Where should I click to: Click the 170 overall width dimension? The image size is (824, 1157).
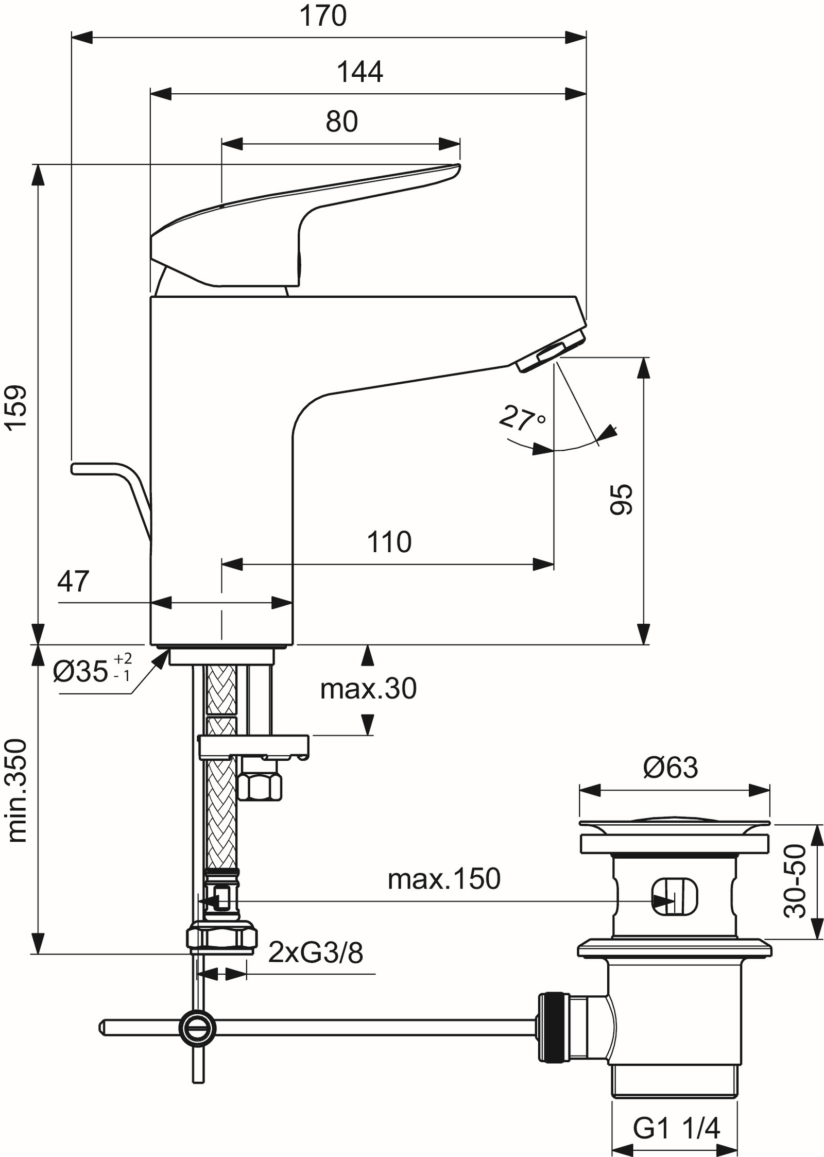click(x=323, y=16)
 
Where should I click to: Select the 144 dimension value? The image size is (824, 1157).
click(x=359, y=72)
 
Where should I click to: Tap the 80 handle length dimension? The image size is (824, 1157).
click(x=341, y=122)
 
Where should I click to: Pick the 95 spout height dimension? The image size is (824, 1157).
click(x=620, y=499)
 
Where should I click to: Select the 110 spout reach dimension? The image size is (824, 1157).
click(x=389, y=542)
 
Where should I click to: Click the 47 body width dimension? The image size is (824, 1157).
click(x=73, y=582)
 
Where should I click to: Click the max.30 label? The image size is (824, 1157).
click(x=368, y=689)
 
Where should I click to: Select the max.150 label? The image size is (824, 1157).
click(x=444, y=879)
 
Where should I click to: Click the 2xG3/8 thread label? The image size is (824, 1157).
click(x=316, y=953)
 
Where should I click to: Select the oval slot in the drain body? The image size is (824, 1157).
click(x=674, y=897)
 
